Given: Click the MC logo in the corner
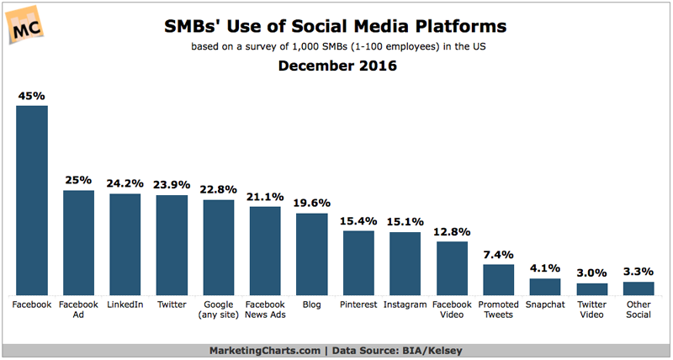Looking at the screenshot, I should tap(26, 26).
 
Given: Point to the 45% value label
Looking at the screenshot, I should tap(32, 95).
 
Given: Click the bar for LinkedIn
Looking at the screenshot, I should tap(125, 244).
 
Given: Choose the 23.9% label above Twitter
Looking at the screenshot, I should tap(172, 183).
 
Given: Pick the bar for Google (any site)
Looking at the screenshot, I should tap(219, 247).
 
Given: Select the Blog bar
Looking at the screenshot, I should tap(311, 254).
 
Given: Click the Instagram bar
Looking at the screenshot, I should tap(405, 263).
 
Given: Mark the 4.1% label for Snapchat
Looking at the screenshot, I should tap(544, 268).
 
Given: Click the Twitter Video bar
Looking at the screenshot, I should tap(591, 289).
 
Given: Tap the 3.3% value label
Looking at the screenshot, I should tap(638, 271).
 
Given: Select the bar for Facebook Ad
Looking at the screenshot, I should tap(79, 242).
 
